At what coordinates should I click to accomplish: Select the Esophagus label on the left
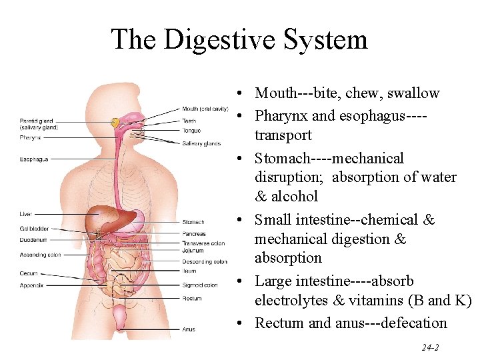(x=33, y=159)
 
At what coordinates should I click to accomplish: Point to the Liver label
(x=25, y=214)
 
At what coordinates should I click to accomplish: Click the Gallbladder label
(x=33, y=229)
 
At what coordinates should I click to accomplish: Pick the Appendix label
(x=31, y=285)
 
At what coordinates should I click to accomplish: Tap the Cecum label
(x=29, y=273)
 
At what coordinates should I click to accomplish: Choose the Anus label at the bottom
(x=189, y=329)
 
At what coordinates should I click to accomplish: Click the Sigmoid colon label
(x=199, y=285)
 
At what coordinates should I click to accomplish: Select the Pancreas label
(x=194, y=234)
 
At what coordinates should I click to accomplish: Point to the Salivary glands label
(x=201, y=143)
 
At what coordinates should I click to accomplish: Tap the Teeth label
(x=189, y=121)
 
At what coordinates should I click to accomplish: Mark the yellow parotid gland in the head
(x=115, y=123)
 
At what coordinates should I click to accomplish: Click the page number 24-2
(x=429, y=348)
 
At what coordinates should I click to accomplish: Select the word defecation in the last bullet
(x=414, y=323)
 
